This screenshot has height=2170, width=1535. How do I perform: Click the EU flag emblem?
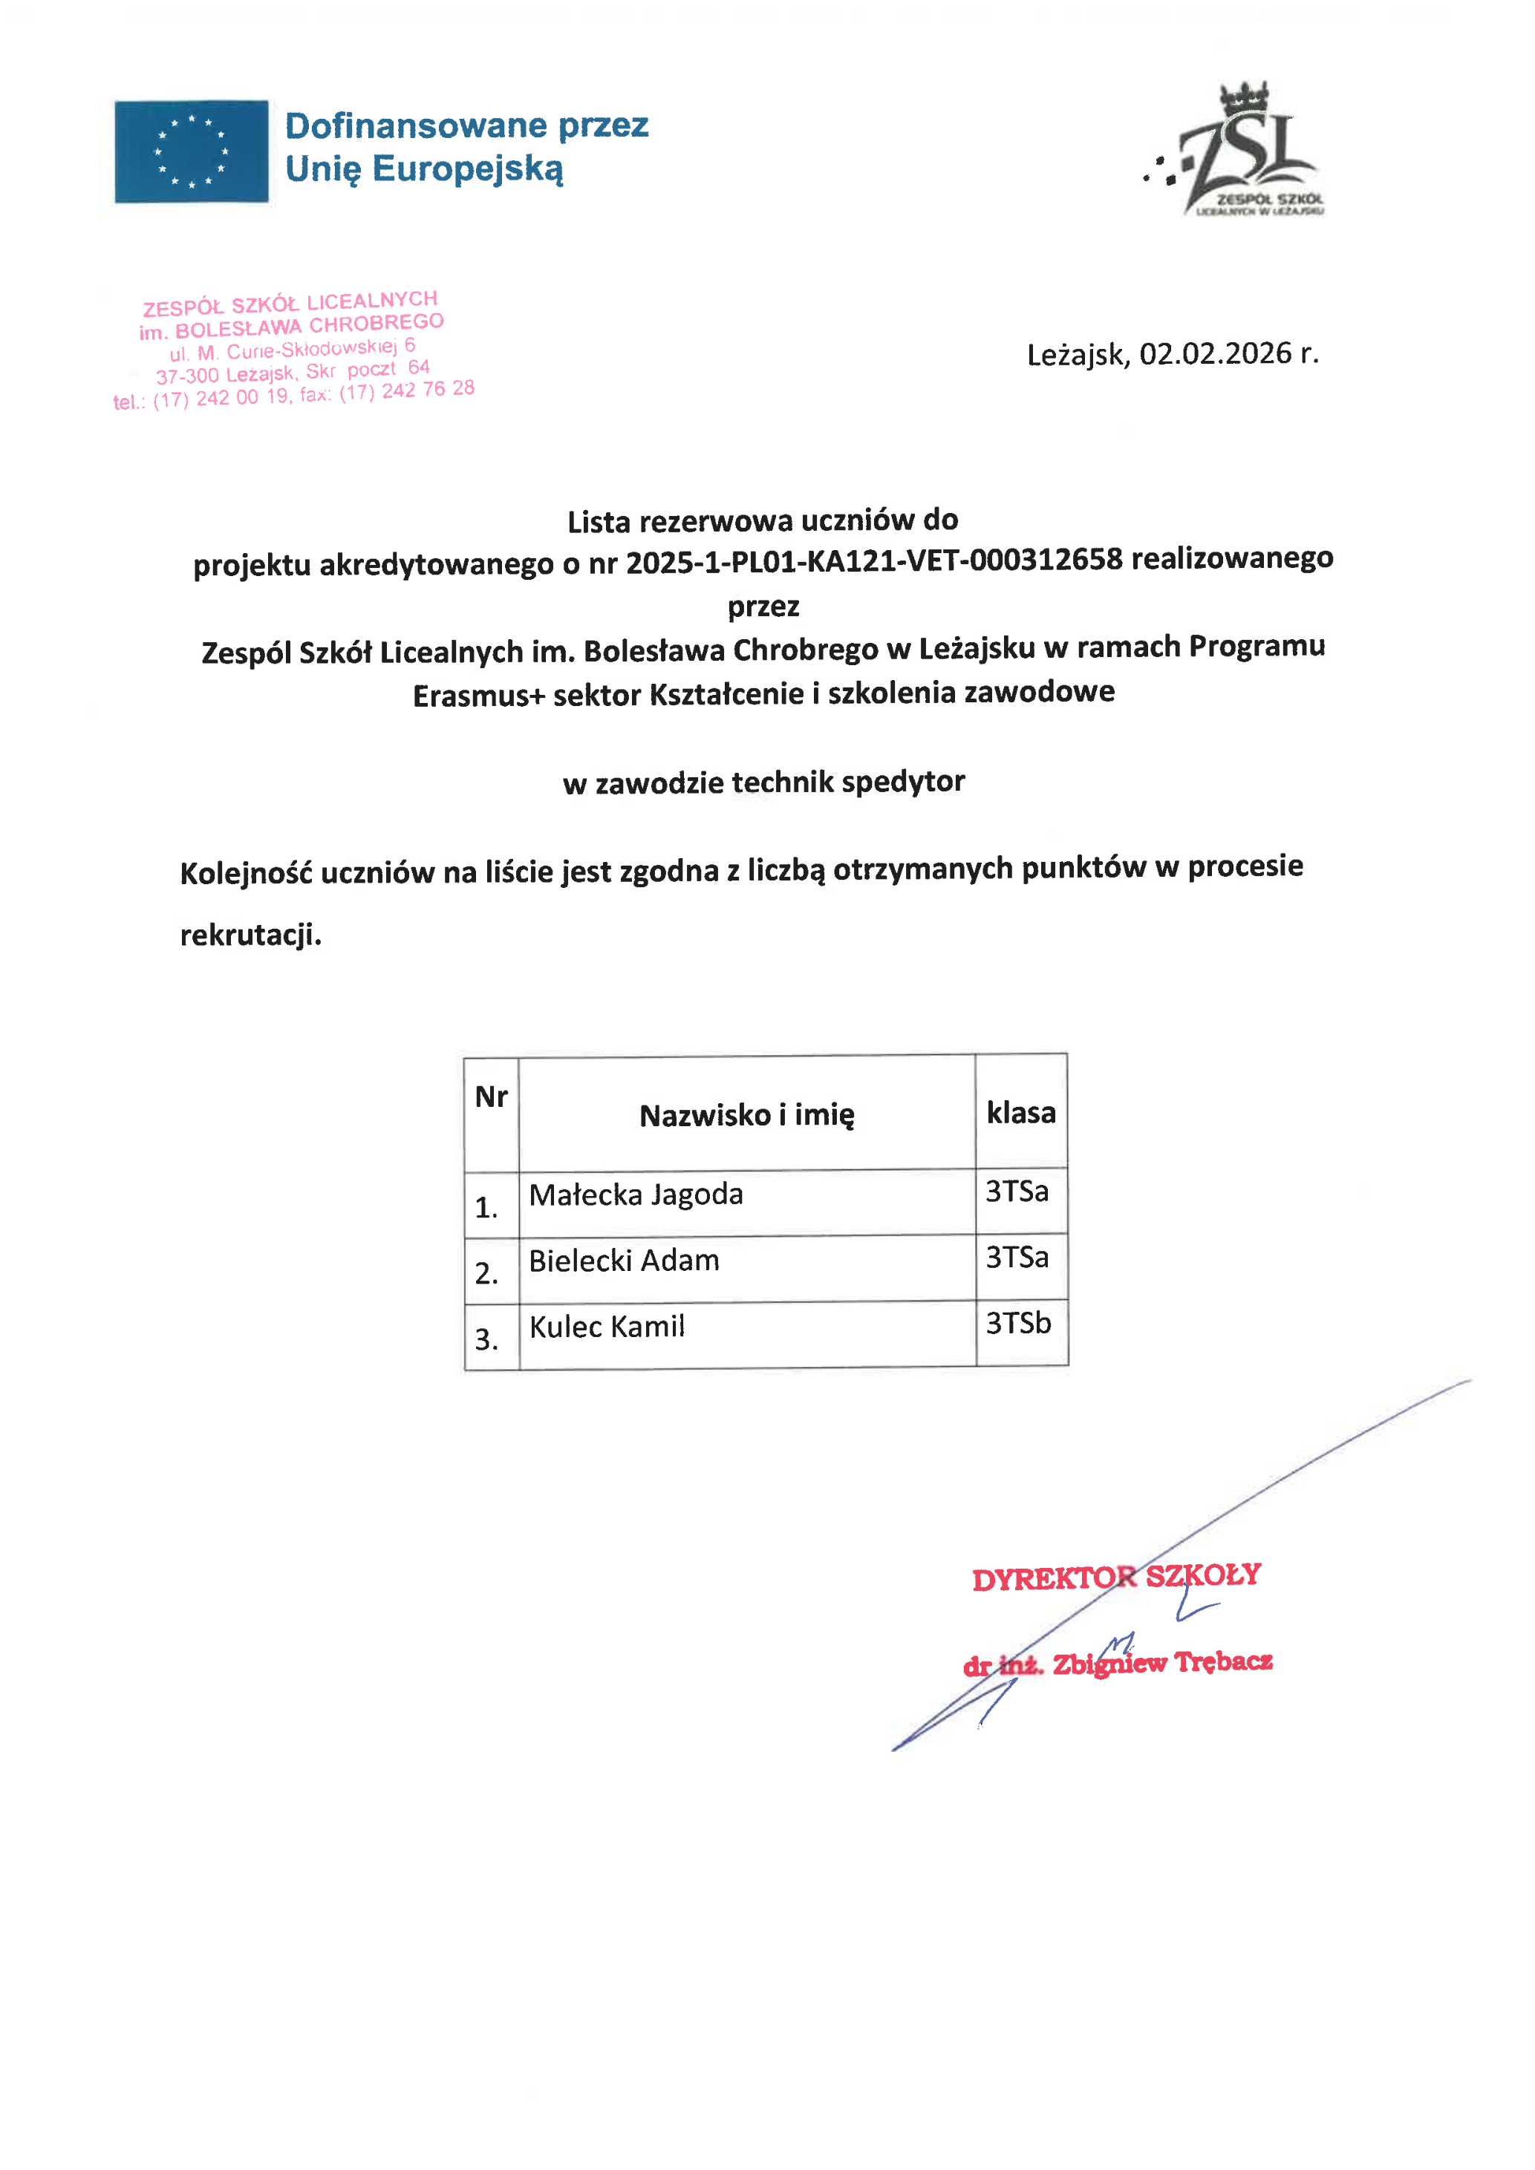[191, 151]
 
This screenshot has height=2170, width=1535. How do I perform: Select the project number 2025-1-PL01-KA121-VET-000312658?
[873, 561]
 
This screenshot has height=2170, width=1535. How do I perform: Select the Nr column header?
[491, 1097]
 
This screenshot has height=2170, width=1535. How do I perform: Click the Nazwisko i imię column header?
[746, 1115]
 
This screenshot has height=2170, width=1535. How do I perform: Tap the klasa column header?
[1021, 1112]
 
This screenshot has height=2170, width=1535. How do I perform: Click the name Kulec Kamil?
[607, 1327]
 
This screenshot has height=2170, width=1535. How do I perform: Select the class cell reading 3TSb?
[1018, 1323]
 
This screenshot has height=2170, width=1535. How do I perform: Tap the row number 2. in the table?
[486, 1273]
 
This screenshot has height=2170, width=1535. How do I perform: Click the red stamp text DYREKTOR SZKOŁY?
[1116, 1577]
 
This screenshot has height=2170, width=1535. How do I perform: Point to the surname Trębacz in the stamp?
[1223, 1661]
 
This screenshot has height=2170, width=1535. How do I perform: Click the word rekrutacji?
[250, 935]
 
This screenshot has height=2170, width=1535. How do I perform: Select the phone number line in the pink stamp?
[293, 395]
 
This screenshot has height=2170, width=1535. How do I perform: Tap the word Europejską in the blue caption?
[467, 169]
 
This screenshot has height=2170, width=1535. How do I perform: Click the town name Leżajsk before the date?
[1077, 356]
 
